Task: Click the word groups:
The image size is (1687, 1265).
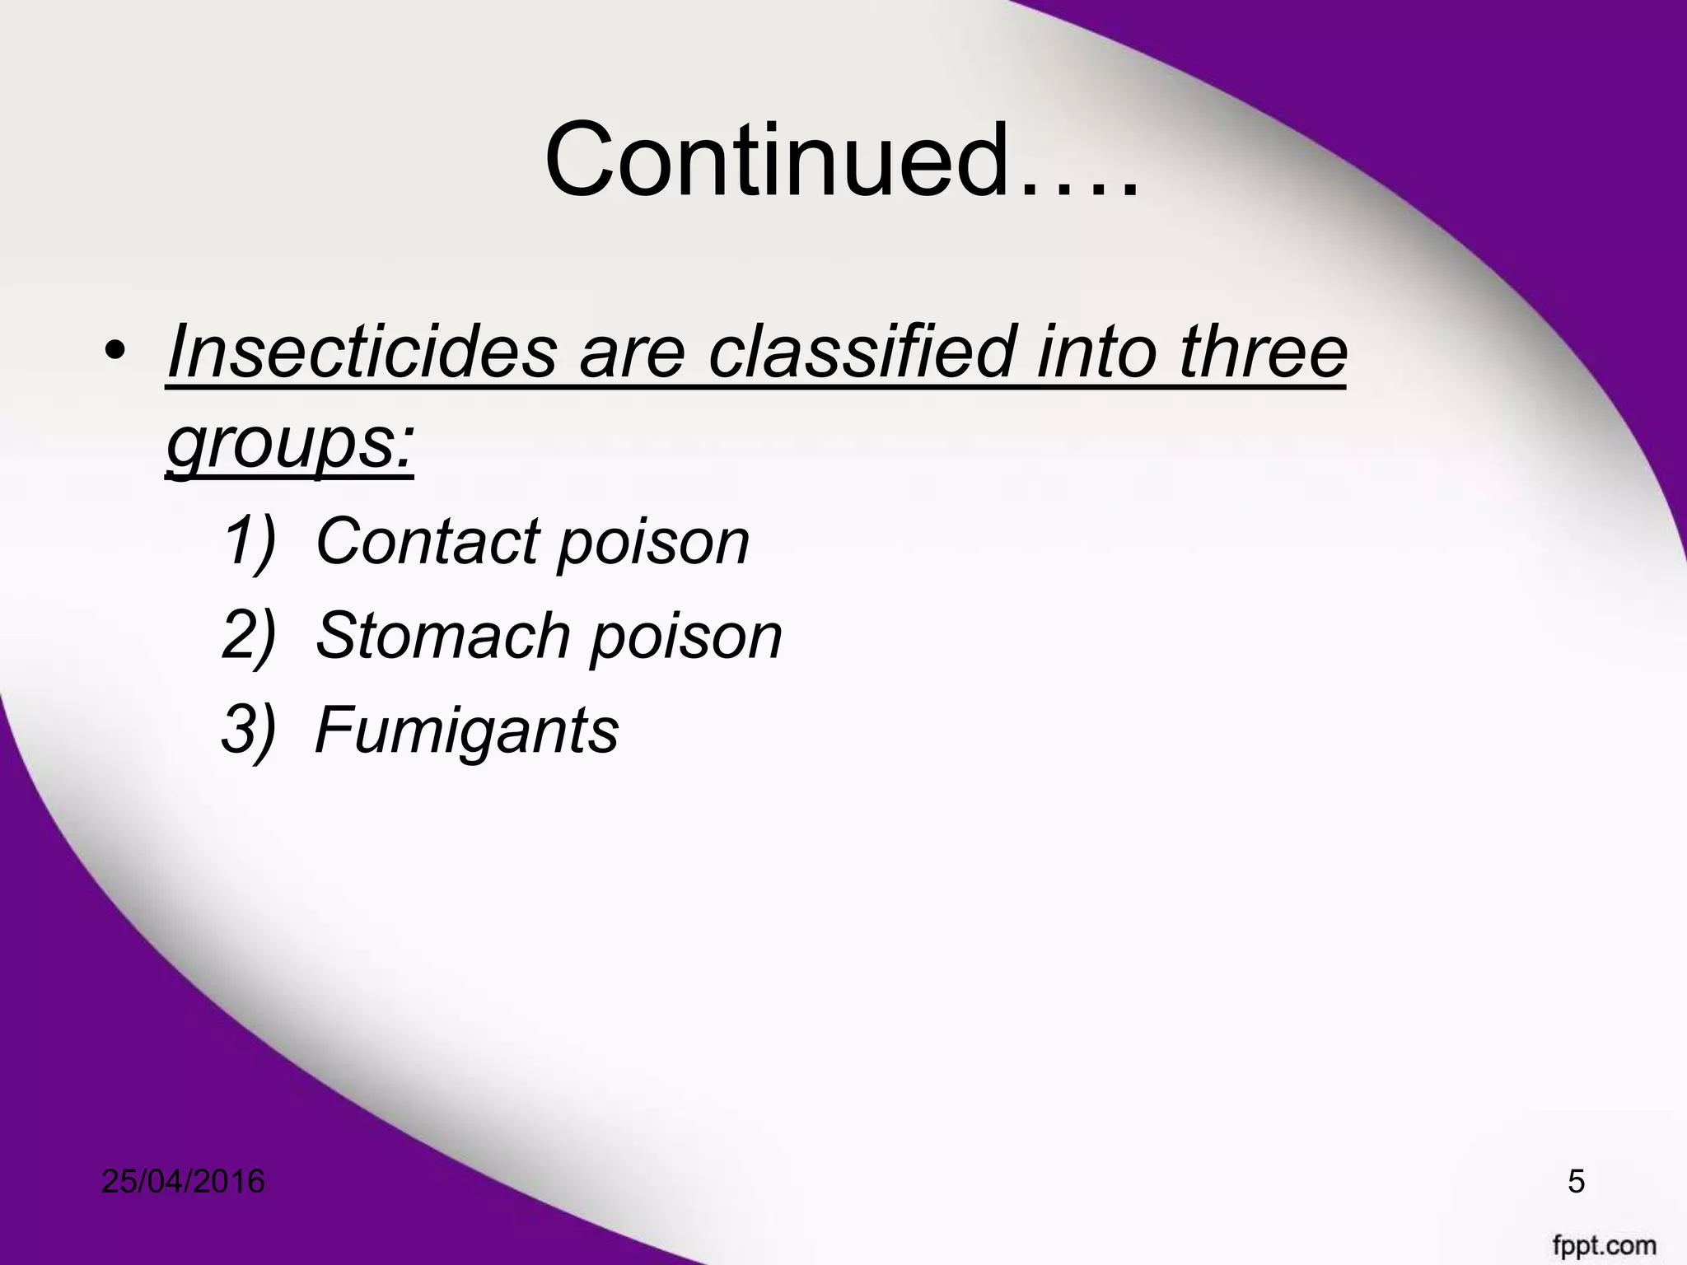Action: point(289,445)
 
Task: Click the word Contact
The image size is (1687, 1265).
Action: point(428,541)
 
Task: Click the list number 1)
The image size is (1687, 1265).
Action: point(248,541)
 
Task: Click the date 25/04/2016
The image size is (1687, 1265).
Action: point(184,1182)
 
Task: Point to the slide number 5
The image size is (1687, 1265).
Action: point(1576,1182)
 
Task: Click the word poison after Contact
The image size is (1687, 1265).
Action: point(653,541)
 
